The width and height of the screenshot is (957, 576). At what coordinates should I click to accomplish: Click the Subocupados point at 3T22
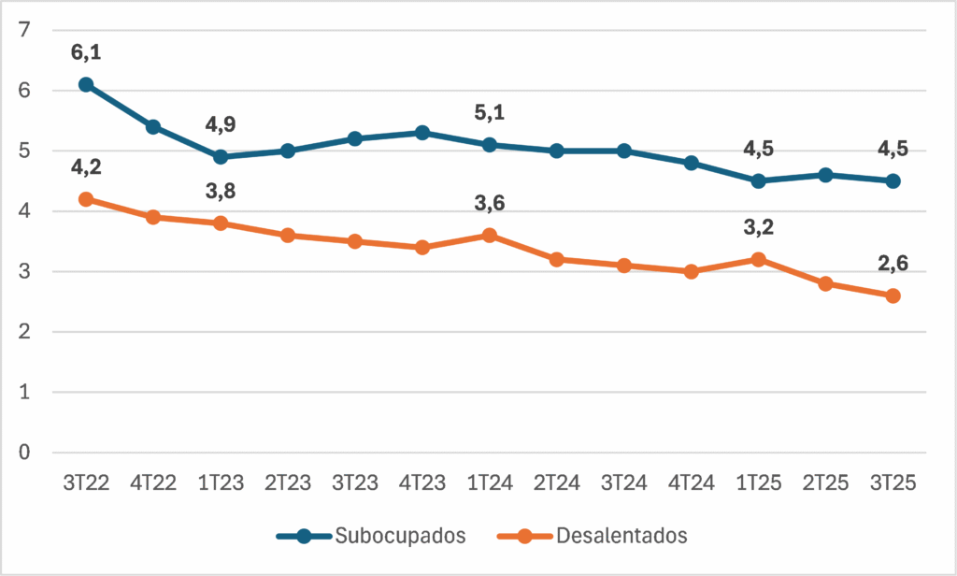[86, 84]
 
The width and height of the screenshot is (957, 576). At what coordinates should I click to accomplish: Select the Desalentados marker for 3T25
[893, 295]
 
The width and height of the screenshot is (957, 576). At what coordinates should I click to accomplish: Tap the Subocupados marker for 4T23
[422, 133]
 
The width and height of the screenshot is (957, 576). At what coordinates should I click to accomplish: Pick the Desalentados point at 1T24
[490, 235]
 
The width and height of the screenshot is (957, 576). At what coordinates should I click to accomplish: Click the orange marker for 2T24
[557, 260]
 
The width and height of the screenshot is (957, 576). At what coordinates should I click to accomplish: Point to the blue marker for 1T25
[759, 180]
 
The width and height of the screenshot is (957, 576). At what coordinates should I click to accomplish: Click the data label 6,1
[86, 52]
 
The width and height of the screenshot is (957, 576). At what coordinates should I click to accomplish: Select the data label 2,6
[893, 264]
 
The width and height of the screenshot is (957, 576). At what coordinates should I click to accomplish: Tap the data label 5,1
[490, 112]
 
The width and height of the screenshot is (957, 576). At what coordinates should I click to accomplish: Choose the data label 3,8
[221, 191]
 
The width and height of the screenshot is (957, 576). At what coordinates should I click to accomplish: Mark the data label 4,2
[86, 166]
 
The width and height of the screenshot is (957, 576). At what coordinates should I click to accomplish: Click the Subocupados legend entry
[371, 536]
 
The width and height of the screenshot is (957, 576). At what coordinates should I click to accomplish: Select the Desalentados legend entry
[592, 536]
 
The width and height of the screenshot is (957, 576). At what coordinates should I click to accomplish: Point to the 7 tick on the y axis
[24, 29]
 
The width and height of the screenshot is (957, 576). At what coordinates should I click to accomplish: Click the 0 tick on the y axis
[24, 452]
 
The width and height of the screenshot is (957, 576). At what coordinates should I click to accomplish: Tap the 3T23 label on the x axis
[355, 483]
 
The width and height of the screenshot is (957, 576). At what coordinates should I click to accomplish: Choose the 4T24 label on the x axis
[691, 483]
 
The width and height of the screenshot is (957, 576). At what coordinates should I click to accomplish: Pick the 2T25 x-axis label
[826, 483]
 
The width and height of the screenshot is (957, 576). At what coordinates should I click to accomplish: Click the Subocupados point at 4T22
[153, 126]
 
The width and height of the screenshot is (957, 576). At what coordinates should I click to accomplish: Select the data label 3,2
[759, 227]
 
